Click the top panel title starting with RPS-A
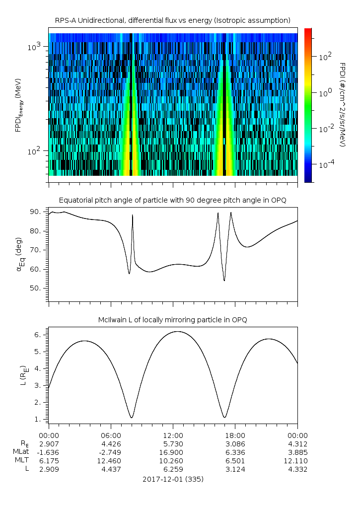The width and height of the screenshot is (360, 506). pyautogui.click(x=173, y=21)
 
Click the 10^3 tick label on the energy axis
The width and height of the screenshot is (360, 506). pyautogui.click(x=34, y=47)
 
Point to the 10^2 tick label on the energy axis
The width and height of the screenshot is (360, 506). pyautogui.click(x=34, y=150)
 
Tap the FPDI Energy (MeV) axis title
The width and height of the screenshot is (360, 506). pyautogui.click(x=18, y=105)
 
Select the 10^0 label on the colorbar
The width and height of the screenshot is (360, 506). pyautogui.click(x=325, y=93)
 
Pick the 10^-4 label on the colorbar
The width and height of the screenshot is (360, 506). pyautogui.click(x=327, y=164)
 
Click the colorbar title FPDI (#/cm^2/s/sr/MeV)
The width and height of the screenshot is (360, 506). pyautogui.click(x=343, y=105)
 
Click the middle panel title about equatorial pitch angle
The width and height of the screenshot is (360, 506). pyautogui.click(x=173, y=201)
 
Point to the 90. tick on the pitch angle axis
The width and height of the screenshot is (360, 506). pyautogui.click(x=35, y=212)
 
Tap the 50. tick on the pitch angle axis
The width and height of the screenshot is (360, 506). pyautogui.click(x=35, y=288)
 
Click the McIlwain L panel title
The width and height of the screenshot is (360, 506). pyautogui.click(x=173, y=320)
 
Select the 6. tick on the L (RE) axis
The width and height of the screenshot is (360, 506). pyautogui.click(x=38, y=335)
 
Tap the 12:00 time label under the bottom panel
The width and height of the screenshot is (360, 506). pyautogui.click(x=173, y=435)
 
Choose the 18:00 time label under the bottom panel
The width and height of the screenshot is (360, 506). pyautogui.click(x=235, y=435)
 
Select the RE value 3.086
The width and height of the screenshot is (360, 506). pyautogui.click(x=235, y=444)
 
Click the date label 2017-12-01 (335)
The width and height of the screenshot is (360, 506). pyautogui.click(x=173, y=479)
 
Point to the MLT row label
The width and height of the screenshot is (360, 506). pyautogui.click(x=22, y=460)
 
